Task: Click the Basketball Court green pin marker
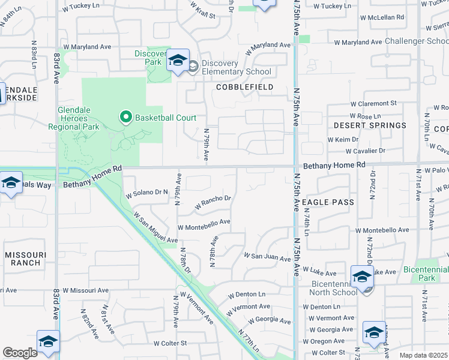tap(126, 117)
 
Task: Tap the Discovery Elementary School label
tap(237, 68)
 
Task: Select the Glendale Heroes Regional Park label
tap(86, 119)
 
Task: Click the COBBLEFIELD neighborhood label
tap(245, 87)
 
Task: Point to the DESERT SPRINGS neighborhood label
tap(370, 125)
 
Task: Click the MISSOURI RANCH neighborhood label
tap(23, 259)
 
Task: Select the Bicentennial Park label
tap(427, 274)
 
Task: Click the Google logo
tap(20, 353)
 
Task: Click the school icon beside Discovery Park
tap(178, 61)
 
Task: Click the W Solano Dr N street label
tap(146, 193)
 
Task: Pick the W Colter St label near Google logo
tap(170, 344)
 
